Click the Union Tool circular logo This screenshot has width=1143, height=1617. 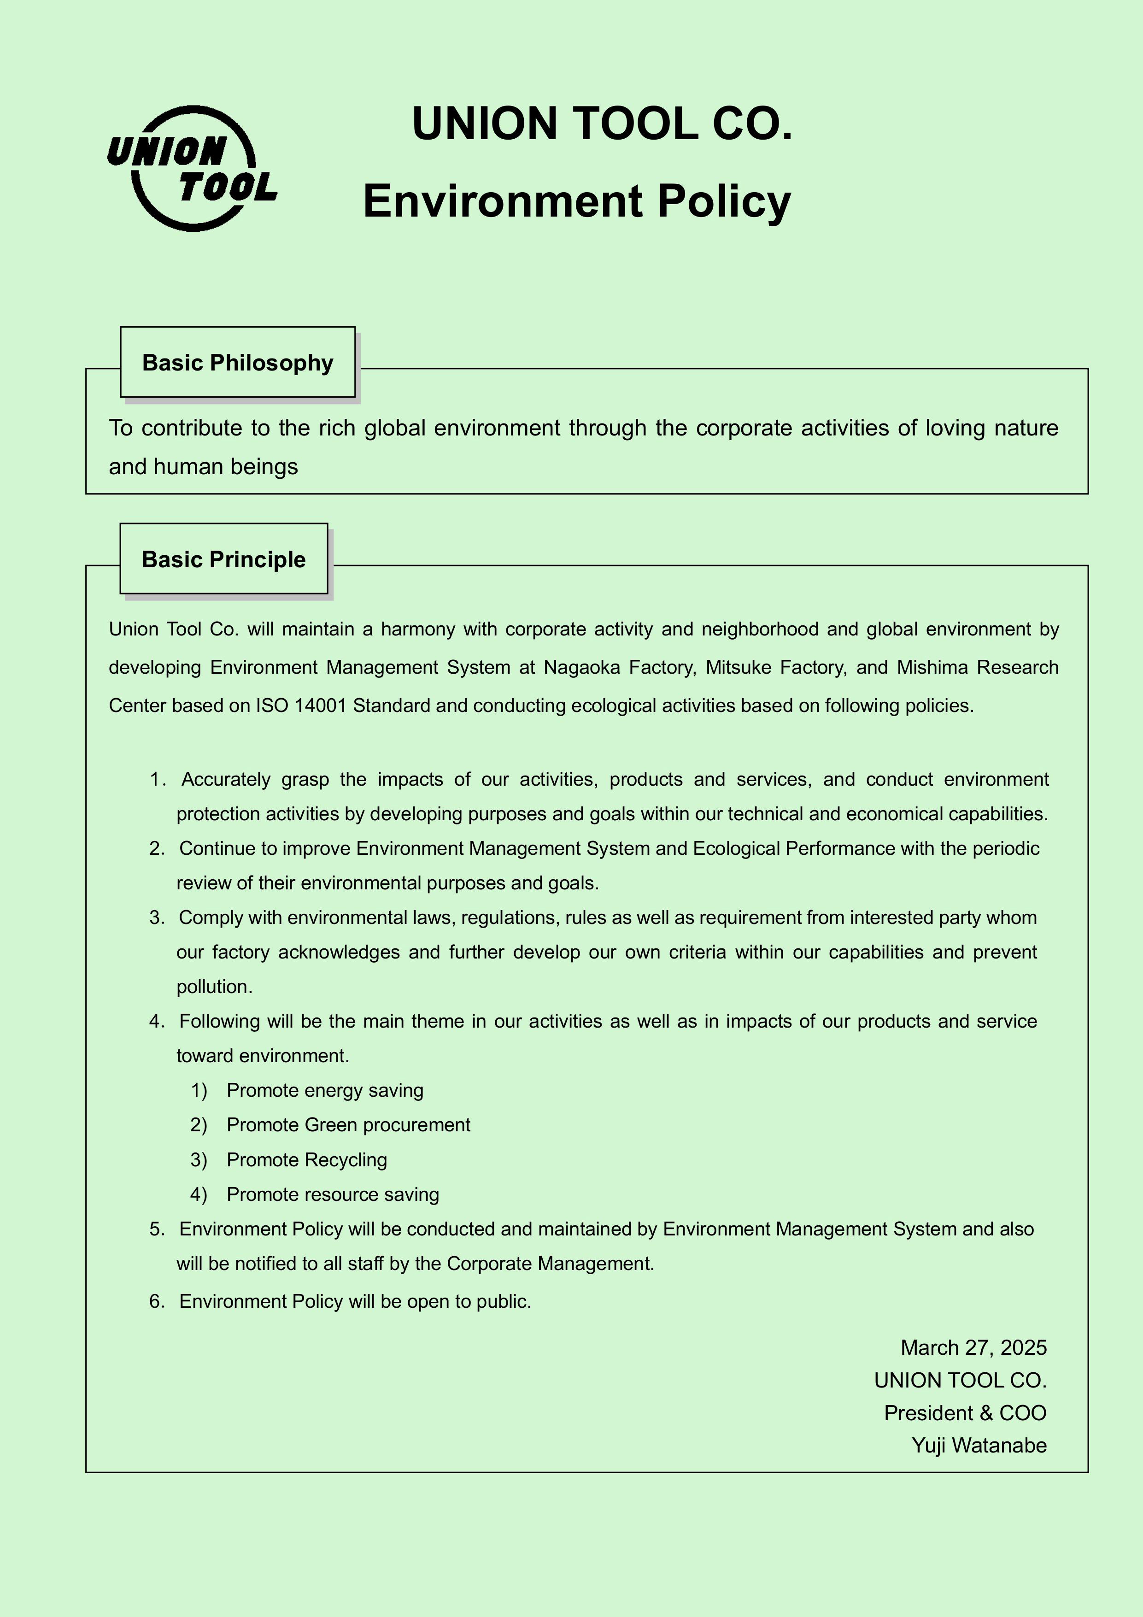(x=192, y=169)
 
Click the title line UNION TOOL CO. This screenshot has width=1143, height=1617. (x=602, y=124)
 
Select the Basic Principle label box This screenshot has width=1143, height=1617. (x=223, y=559)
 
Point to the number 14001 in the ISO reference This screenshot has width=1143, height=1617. (x=321, y=706)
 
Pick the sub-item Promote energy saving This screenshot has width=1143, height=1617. (x=325, y=1091)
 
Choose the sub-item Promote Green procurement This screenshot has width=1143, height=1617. (x=348, y=1125)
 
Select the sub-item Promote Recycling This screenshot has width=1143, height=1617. (x=306, y=1160)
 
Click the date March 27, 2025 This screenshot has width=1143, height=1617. (x=973, y=1348)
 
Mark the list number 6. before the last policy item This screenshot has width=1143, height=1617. (x=156, y=1301)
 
